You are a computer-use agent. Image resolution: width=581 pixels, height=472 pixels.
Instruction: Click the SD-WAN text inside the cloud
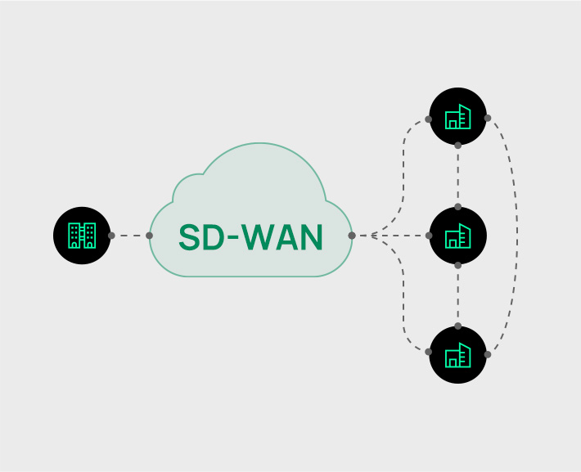250,236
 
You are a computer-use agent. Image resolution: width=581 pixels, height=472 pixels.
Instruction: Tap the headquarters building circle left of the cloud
82,236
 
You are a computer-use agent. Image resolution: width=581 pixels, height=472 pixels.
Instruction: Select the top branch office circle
457,116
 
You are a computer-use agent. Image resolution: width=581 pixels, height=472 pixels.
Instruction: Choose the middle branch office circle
457,236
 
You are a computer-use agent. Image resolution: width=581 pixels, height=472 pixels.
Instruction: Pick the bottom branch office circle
457,354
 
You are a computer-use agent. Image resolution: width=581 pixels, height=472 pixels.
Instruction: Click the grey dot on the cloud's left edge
149,236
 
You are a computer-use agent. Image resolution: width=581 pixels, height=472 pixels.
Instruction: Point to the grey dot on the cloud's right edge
351,236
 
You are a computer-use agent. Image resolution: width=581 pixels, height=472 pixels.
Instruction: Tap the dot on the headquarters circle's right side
111,236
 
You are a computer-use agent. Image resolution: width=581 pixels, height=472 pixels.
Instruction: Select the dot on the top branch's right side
488,119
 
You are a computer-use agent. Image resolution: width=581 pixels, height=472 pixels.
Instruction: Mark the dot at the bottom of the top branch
457,146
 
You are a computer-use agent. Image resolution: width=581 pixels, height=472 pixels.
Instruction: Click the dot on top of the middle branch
457,206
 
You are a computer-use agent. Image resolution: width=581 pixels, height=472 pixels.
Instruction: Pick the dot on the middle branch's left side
428,236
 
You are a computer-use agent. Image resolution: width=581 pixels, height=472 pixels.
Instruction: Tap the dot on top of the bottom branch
457,326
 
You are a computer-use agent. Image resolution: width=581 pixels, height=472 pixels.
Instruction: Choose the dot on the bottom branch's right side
488,354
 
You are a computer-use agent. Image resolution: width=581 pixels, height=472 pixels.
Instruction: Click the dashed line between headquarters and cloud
130,236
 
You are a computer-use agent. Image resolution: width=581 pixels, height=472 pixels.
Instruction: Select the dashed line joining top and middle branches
457,176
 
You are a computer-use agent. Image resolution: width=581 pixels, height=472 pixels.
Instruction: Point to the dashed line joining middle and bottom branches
457,295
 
